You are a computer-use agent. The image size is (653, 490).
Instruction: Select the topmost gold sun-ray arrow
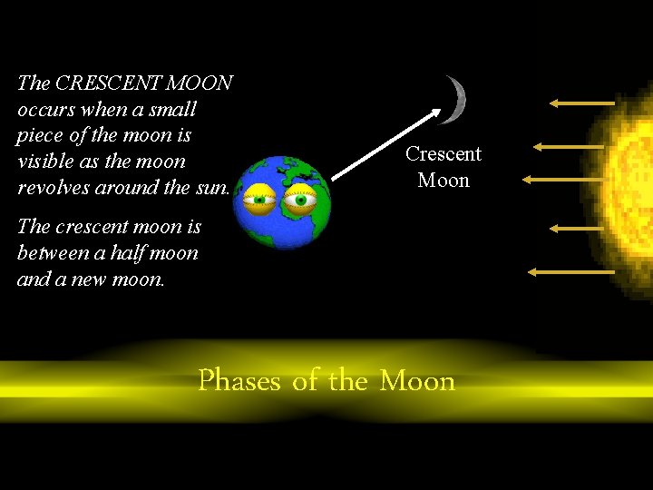point(581,104)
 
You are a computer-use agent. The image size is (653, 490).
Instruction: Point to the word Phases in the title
point(239,380)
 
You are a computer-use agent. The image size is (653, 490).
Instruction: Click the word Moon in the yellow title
point(417,380)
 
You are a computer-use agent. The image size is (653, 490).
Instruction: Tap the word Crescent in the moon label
point(443,154)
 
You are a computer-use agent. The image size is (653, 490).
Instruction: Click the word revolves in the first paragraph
point(54,189)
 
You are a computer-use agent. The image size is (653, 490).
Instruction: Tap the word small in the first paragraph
point(173,110)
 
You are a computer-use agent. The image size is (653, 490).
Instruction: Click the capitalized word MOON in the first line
point(200,83)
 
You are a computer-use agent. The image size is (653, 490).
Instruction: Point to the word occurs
point(44,110)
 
